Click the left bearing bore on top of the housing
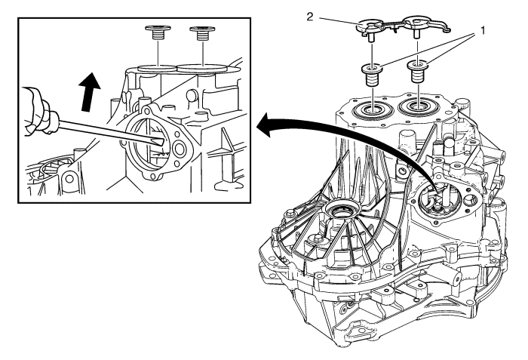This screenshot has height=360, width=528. pos(372,112)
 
